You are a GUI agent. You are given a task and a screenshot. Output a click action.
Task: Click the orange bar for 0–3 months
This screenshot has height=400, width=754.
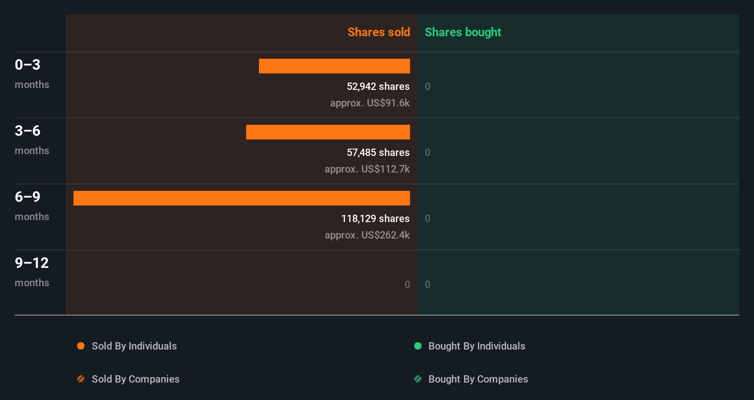click(x=334, y=66)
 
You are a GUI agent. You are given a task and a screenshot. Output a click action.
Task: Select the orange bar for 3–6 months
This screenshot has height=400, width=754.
click(x=328, y=132)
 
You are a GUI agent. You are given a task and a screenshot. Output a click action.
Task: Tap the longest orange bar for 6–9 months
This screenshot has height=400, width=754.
click(x=242, y=198)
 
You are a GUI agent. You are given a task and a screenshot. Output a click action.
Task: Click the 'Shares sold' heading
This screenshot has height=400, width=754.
click(x=378, y=32)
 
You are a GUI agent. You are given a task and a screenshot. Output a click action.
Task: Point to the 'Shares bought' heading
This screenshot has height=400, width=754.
click(x=462, y=32)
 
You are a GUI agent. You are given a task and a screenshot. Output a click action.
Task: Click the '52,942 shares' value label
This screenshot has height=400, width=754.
click(x=378, y=86)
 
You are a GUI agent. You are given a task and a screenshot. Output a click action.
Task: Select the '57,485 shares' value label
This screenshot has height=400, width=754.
click(x=378, y=152)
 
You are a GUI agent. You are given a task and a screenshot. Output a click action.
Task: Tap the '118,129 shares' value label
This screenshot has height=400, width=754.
click(x=375, y=218)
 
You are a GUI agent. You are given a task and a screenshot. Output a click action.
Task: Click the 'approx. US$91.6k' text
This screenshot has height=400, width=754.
click(x=370, y=103)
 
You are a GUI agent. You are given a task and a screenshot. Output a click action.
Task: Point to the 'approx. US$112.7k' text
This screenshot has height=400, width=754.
click(x=367, y=169)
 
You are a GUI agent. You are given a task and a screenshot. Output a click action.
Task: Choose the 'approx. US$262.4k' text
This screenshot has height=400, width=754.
click(x=367, y=235)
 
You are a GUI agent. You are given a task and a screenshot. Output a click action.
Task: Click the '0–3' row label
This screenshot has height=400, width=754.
click(x=28, y=65)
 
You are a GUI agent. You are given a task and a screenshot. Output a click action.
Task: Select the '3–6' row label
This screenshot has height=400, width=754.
click(x=28, y=131)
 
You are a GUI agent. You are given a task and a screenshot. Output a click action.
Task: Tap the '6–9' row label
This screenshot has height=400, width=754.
click(x=28, y=197)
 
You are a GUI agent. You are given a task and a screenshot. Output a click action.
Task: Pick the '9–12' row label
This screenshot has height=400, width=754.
click(x=32, y=263)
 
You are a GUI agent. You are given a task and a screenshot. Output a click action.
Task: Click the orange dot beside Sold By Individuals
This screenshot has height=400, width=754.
click(x=81, y=346)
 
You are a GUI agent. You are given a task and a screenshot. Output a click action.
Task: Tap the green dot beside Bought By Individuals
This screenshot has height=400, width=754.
click(x=418, y=346)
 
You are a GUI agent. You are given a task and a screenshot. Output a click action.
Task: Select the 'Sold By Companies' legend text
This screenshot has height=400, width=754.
click(x=135, y=379)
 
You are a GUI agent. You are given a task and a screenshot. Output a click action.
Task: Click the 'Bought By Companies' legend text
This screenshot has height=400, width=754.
click(x=478, y=379)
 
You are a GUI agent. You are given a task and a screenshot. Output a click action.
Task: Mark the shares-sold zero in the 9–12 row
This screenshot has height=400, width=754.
click(x=407, y=284)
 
